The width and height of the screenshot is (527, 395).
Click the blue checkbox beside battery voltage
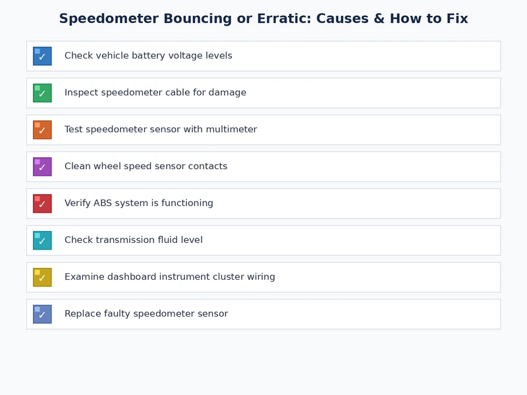(42, 56)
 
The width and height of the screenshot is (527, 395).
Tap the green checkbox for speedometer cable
(42, 93)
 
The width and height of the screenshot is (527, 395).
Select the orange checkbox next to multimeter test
(42, 130)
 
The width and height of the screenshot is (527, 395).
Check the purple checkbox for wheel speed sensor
(42, 167)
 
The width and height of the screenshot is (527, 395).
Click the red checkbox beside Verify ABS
(42, 203)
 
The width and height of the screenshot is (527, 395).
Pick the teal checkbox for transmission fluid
(42, 240)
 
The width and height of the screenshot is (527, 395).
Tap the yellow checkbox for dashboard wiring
(42, 277)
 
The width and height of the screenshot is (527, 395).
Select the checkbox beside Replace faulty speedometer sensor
(42, 314)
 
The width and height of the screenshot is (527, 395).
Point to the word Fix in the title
(456, 19)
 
